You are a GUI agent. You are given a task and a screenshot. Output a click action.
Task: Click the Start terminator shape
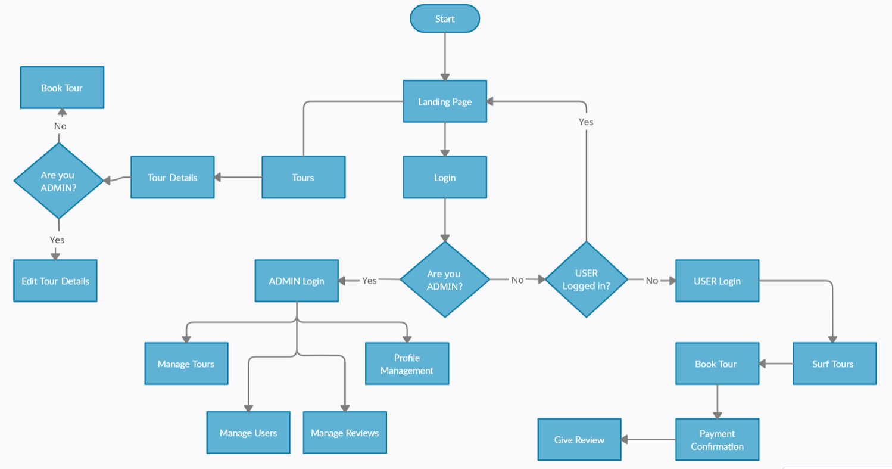[x=445, y=19]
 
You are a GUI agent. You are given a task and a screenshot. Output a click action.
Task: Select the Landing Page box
[x=445, y=102]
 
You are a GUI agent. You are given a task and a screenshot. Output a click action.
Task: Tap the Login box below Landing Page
[x=445, y=178]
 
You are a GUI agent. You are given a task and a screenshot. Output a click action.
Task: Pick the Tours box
[x=303, y=178]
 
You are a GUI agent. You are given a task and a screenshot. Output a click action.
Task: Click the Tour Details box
[x=173, y=178]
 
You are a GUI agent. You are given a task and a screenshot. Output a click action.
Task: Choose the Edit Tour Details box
[x=55, y=281]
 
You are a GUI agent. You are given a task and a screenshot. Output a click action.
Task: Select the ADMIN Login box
[x=297, y=281]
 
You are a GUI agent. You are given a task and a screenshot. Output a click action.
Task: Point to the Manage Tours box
[x=186, y=364]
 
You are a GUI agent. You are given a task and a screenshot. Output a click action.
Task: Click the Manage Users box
[x=248, y=433]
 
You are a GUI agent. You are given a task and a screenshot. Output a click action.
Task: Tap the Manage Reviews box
[x=345, y=433]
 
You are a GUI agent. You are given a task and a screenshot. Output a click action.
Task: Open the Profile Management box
[x=407, y=364]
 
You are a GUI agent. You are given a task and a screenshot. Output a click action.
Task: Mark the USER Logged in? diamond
[x=587, y=279]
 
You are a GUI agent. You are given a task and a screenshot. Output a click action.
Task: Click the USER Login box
[x=717, y=281]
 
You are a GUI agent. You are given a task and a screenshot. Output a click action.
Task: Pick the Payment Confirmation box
[x=717, y=440]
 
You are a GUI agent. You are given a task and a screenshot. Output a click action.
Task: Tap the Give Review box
[x=579, y=440]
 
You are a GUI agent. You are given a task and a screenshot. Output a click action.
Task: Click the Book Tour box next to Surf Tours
[x=717, y=364]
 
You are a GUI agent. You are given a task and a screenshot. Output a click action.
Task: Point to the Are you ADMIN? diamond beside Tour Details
[x=58, y=181]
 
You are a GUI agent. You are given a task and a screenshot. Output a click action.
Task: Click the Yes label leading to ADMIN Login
[x=370, y=281]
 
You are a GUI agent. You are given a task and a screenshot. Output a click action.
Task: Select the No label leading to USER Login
[x=652, y=281]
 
